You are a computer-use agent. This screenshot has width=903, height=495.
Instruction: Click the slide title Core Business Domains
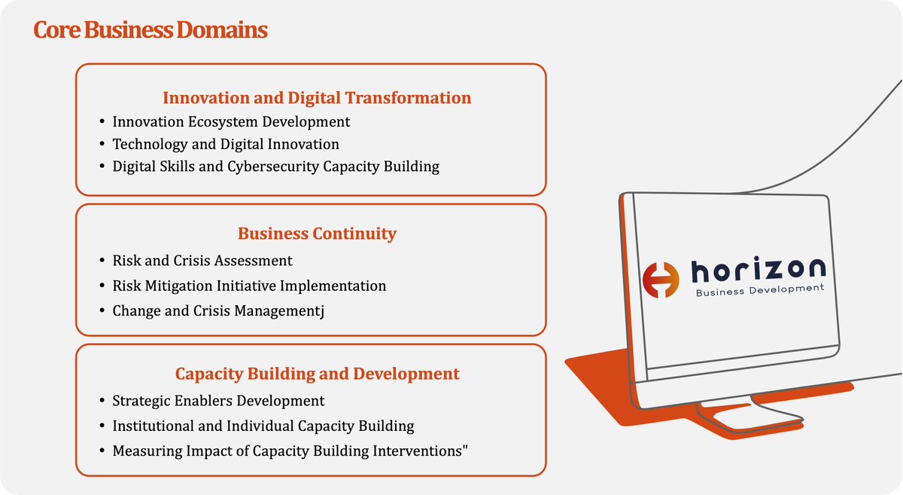pyautogui.click(x=150, y=31)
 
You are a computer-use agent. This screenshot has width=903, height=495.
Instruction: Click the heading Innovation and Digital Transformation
pyautogui.click(x=317, y=97)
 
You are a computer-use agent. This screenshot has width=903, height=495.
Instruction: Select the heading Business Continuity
pyautogui.click(x=317, y=234)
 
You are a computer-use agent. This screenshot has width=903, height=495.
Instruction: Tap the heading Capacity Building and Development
pyautogui.click(x=317, y=373)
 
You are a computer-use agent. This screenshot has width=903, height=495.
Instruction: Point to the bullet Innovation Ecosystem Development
pyautogui.click(x=231, y=121)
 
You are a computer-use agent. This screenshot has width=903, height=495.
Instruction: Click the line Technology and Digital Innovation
pyautogui.click(x=226, y=144)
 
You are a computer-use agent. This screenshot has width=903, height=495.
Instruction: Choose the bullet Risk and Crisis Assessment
pyautogui.click(x=202, y=261)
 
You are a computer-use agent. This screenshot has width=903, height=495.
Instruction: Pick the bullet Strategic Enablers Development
pyautogui.click(x=218, y=401)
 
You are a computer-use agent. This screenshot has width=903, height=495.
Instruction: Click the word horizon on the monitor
pyautogui.click(x=758, y=269)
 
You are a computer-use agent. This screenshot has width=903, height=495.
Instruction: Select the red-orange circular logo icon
pyautogui.click(x=661, y=280)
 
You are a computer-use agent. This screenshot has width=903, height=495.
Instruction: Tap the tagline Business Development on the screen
pyautogui.click(x=760, y=290)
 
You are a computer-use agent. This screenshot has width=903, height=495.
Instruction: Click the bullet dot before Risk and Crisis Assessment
pyautogui.click(x=102, y=261)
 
